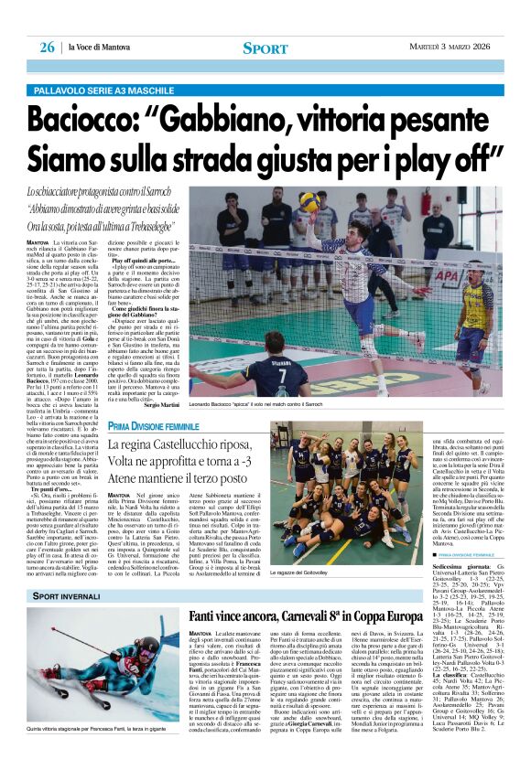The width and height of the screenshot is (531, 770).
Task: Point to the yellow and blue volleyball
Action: coord(309,200)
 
